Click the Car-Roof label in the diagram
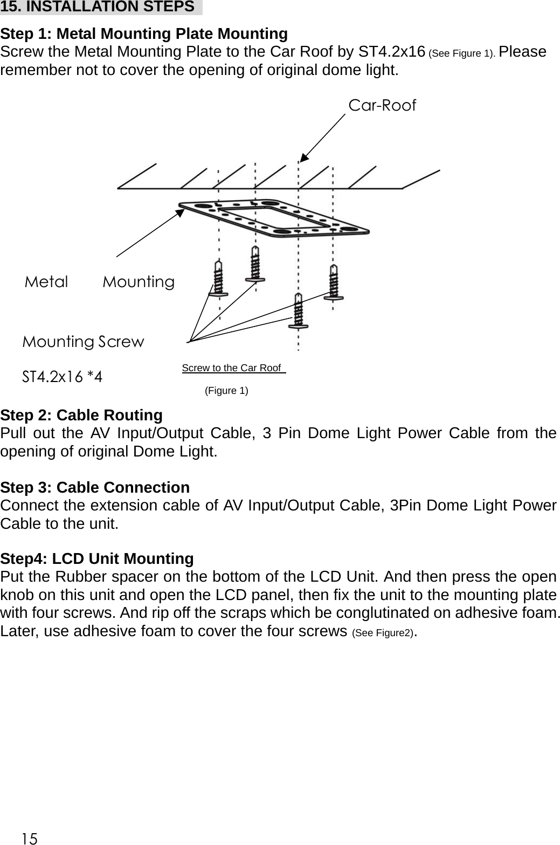click(382, 105)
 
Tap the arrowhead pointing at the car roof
click(305, 157)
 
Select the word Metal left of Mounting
click(47, 282)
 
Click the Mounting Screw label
click(83, 342)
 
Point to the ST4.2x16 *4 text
click(62, 376)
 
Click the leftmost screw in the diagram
click(218, 277)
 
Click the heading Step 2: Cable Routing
click(81, 415)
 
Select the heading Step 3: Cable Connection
click(95, 487)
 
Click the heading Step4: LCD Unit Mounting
click(97, 558)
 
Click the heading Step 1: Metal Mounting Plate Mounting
click(144, 34)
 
